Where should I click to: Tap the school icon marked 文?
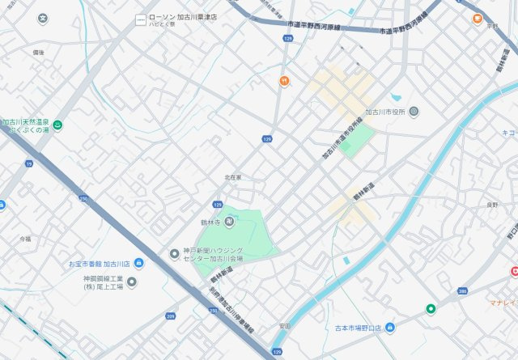[42, 18]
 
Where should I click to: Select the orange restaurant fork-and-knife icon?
[285, 81]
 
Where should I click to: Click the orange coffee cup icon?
[478, 17]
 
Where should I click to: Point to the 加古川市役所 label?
[385, 112]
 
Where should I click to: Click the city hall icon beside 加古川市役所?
[414, 112]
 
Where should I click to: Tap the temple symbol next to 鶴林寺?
[229, 222]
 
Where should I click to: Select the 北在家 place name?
[233, 177]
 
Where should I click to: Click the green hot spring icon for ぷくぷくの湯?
[58, 125]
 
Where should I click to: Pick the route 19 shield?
[29, 163]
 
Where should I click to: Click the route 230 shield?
[83, 198]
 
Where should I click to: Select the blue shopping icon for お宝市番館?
[138, 263]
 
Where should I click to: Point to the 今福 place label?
[25, 239]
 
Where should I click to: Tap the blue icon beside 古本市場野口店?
[390, 328]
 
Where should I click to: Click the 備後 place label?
[38, 52]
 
